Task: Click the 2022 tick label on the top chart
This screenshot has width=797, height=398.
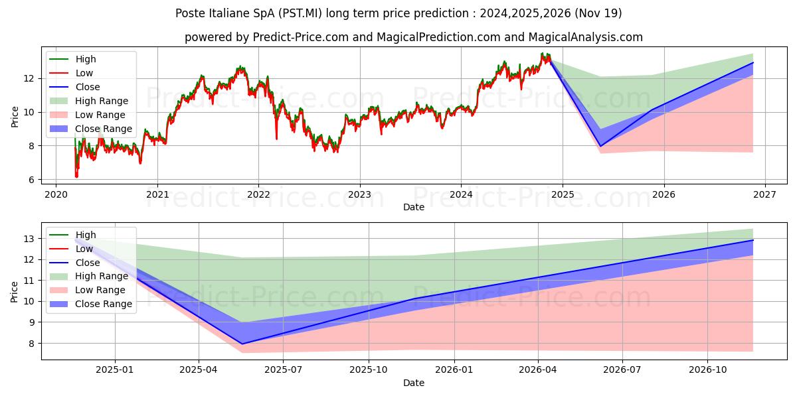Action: coord(258,194)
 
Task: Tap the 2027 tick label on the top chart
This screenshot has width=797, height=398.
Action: coord(765,194)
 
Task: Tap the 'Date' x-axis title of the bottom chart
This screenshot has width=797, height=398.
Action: coord(413,383)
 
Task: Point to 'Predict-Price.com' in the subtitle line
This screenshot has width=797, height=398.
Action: coord(300,37)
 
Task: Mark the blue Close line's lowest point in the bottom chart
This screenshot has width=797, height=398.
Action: coord(242,344)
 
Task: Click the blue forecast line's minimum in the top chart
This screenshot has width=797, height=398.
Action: coord(601,146)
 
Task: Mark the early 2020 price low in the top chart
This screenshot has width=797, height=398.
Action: coord(76,176)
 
